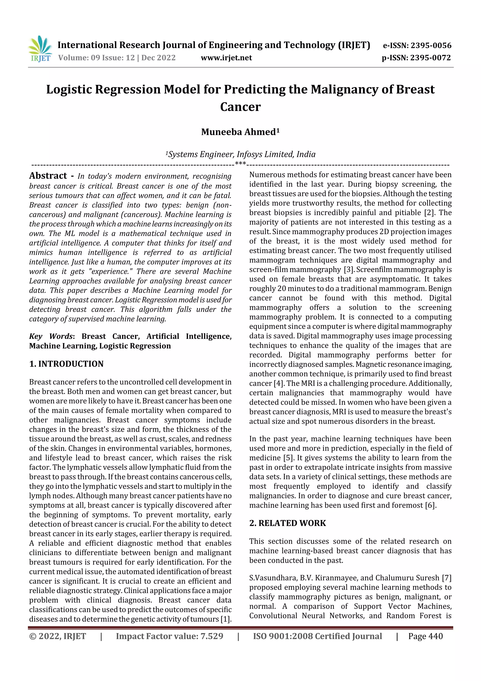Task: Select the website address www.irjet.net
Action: [x=226, y=58]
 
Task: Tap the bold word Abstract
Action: [x=48, y=176]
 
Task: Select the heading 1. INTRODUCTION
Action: [x=66, y=364]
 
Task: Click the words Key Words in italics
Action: [x=51, y=336]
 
